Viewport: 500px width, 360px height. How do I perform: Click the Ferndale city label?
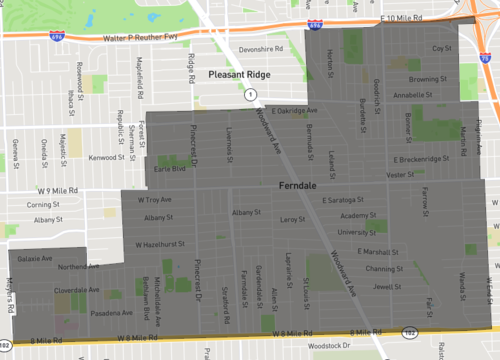coord(299,187)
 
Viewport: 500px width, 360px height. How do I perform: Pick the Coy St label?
coord(441,48)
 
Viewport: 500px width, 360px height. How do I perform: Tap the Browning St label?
coord(427,78)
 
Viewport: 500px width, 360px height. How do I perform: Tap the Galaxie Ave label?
coord(35,258)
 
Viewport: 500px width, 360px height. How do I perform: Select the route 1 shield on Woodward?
coord(249,93)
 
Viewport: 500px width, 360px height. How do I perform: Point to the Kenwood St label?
coord(106,157)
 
